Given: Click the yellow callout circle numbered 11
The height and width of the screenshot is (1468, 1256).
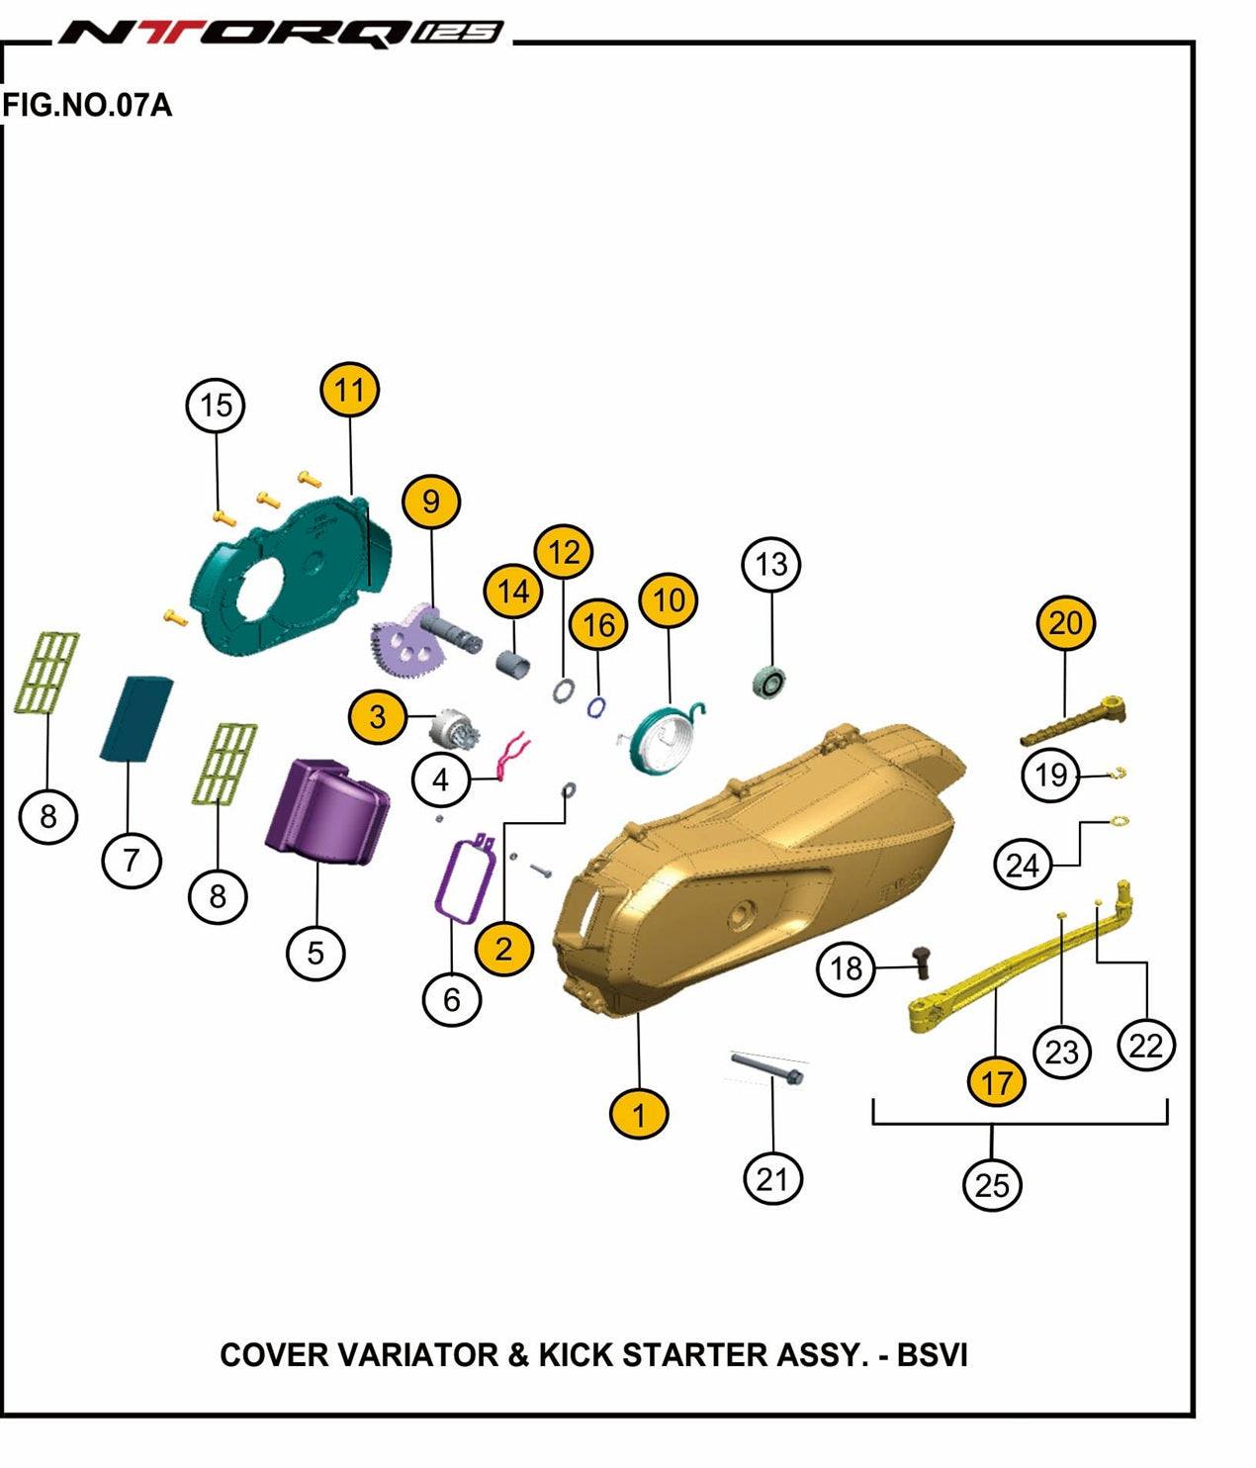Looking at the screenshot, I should pyautogui.click(x=350, y=391).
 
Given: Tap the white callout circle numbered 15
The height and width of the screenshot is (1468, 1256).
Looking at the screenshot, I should pyautogui.click(x=216, y=406).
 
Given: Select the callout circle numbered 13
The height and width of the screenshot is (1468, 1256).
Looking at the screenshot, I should pyautogui.click(x=770, y=564).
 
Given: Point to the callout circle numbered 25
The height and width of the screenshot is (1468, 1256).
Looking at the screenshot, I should pyautogui.click(x=992, y=1184).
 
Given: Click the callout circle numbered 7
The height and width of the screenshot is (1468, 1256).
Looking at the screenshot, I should pyautogui.click(x=131, y=860).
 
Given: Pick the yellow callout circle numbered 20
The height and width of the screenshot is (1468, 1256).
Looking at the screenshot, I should pyautogui.click(x=1065, y=623).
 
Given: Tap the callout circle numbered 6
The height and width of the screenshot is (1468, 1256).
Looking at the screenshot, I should pyautogui.click(x=451, y=999).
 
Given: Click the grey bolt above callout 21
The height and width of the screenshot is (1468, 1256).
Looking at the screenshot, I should pyautogui.click(x=768, y=1068).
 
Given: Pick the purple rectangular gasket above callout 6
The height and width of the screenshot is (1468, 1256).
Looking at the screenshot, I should pyautogui.click(x=463, y=880).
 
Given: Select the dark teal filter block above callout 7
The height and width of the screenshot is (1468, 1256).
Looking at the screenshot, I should pyautogui.click(x=135, y=718).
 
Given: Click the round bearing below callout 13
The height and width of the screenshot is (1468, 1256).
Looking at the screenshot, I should pyautogui.click(x=768, y=682).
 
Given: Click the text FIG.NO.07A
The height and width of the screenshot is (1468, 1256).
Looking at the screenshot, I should pyautogui.click(x=87, y=105).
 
